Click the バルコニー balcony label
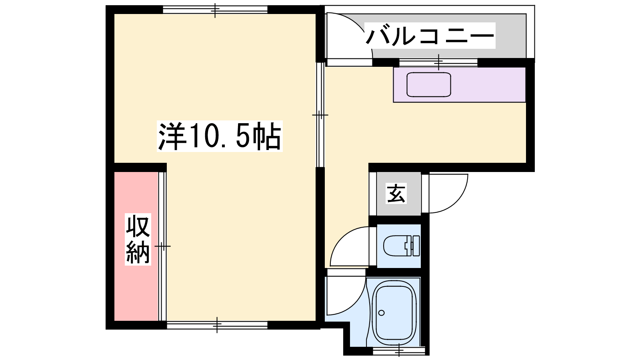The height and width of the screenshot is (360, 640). (430, 36)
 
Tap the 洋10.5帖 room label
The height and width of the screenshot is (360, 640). (220, 136)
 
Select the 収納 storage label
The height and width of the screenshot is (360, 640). (138, 240)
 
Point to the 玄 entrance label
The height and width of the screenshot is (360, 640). (396, 194)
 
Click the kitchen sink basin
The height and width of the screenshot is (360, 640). (429, 84)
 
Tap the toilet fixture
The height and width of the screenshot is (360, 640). (401, 246)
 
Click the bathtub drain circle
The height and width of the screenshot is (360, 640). (382, 313)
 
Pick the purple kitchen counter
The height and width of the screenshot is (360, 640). (460, 84)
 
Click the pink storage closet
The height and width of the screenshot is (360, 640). (136, 246)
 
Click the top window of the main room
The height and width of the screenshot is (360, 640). (215, 10)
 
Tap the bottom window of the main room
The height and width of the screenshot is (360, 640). (217, 325)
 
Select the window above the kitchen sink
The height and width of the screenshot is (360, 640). (438, 62)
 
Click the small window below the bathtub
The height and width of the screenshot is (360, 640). (399, 351)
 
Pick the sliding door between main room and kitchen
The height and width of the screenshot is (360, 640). (320, 115)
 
